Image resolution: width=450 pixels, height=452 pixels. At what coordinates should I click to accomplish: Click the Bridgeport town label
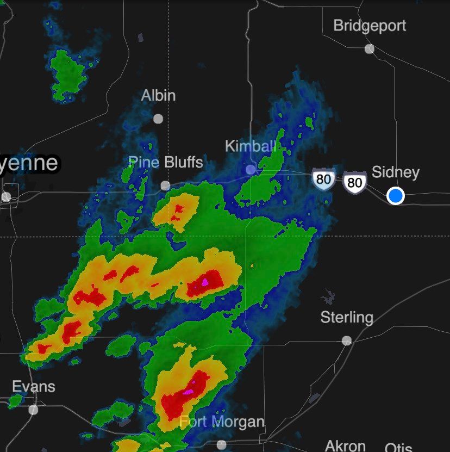[x=369, y=26]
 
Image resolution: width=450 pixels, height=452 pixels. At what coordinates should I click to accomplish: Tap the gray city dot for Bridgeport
[x=370, y=49]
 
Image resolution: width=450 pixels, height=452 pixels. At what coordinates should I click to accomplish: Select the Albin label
[x=158, y=96]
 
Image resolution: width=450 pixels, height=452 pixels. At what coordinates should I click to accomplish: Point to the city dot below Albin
[x=158, y=119]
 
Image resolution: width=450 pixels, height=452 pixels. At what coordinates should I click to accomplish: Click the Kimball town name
[x=251, y=146]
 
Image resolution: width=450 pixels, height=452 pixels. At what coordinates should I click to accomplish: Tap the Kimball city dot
[x=251, y=170]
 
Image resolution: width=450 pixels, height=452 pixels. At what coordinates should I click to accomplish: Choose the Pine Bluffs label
[x=165, y=162]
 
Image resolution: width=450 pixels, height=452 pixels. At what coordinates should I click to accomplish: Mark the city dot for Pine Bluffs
[x=165, y=186]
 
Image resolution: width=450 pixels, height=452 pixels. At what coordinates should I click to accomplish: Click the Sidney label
[x=395, y=172]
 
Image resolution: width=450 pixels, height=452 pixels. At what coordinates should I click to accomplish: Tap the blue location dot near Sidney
[x=396, y=196]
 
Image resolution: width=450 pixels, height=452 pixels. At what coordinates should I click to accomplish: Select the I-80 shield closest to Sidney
[x=354, y=182]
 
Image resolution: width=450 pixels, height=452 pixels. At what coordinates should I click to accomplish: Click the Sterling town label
[x=346, y=317]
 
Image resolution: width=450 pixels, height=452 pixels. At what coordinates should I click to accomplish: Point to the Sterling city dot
[x=347, y=340]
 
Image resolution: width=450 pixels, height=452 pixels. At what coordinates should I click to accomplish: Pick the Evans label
[x=34, y=387]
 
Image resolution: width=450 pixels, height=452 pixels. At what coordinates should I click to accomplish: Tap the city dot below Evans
[x=34, y=410]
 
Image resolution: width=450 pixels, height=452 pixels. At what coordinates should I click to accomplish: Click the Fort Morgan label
[x=222, y=422]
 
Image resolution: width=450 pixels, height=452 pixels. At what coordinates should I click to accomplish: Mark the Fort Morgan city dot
[x=221, y=444]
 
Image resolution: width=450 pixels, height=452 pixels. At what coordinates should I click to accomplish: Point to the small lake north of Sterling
[x=327, y=297]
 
